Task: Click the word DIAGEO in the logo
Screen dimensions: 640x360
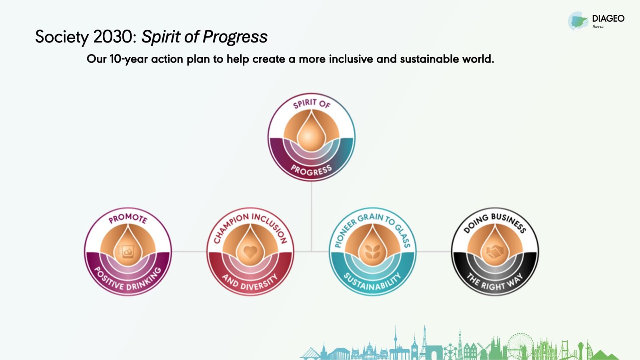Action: (608, 18)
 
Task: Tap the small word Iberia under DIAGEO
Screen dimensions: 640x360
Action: (598, 26)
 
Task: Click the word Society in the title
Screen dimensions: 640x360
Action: (62, 37)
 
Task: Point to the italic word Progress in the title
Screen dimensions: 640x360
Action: (235, 37)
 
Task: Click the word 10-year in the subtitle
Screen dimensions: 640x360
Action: (128, 59)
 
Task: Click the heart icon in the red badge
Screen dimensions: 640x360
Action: (250, 252)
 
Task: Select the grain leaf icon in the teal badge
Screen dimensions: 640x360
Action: (372, 252)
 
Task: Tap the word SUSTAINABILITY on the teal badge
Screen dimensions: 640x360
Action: (372, 282)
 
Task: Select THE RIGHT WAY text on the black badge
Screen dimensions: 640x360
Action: (495, 282)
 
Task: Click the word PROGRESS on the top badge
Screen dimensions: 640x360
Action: (312, 170)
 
